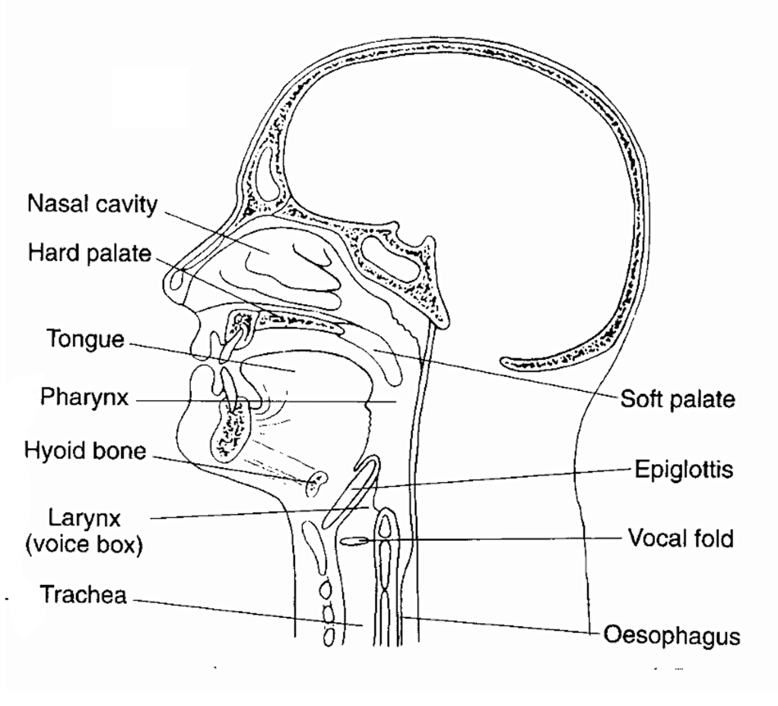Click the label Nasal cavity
point(92,204)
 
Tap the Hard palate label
point(89,253)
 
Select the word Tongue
point(85,339)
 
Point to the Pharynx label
point(84,397)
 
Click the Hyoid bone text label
point(85,451)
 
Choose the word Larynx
point(84,518)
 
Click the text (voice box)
point(84,544)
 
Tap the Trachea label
point(83,594)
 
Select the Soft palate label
point(678,399)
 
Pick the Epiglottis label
point(684,469)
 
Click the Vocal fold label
point(681,539)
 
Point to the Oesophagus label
point(672,636)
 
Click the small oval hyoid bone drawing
point(316,484)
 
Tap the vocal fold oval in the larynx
point(354,541)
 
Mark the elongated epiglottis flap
point(351,491)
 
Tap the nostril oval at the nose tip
point(176,281)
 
